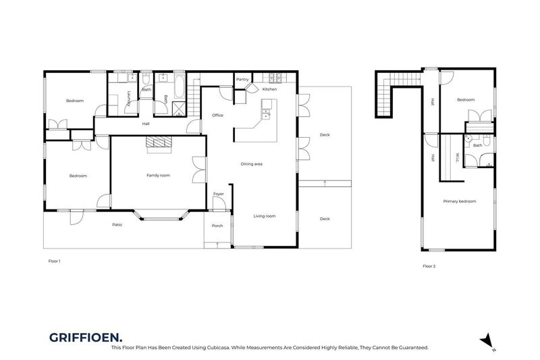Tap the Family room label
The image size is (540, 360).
(159, 176)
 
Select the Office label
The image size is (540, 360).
(217, 115)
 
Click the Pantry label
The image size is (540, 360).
(243, 80)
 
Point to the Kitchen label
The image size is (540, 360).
(269, 90)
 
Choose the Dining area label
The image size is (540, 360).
(252, 164)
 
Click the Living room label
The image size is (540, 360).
(264, 216)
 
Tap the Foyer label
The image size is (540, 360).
(219, 194)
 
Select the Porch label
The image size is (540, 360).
(217, 226)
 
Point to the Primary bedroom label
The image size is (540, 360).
(460, 201)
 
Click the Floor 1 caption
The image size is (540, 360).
(55, 260)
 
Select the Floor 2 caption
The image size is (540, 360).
(429, 266)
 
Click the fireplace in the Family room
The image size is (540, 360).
(160, 142)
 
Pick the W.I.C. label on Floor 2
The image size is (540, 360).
(457, 157)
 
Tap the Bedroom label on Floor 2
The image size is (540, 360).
(466, 100)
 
